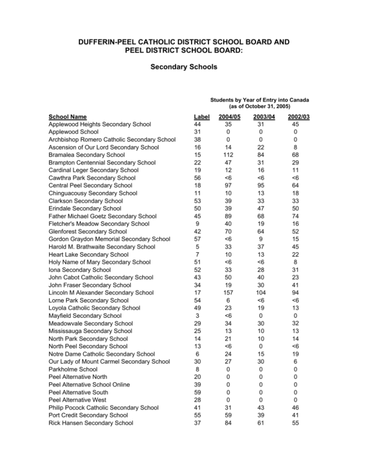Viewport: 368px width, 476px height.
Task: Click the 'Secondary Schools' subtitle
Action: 184,68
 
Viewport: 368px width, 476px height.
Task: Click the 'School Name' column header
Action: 68,116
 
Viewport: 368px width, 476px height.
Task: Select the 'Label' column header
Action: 198,116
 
